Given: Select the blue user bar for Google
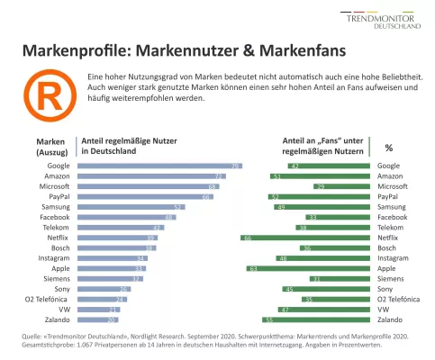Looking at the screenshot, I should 161,166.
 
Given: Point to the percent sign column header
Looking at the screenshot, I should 389,147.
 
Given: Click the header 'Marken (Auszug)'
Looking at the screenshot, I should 51,147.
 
